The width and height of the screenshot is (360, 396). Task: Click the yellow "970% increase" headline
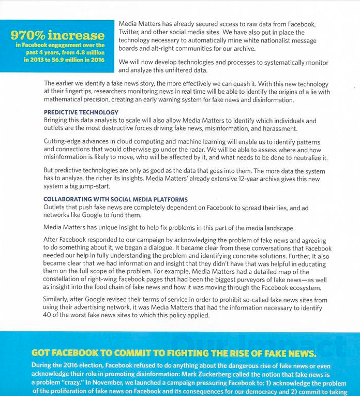(57, 35)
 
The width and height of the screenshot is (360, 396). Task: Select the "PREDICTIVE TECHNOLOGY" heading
(81, 112)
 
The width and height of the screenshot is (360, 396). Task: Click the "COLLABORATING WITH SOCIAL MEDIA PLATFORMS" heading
(115, 199)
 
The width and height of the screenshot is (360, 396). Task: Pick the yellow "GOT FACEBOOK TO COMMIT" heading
(173, 353)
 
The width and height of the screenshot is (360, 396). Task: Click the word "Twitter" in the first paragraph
(131, 32)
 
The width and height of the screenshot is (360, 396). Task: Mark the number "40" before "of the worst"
(49, 315)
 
